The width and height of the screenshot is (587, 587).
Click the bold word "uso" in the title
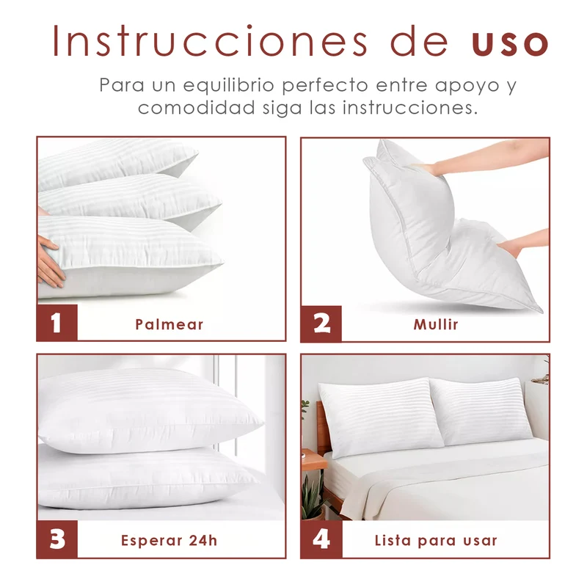(x=509, y=43)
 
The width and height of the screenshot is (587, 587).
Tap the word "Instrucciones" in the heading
(x=210, y=41)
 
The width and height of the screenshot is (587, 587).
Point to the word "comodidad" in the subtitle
(x=197, y=107)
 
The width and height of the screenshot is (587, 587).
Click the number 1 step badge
(x=57, y=323)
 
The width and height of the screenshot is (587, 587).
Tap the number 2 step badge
(x=321, y=324)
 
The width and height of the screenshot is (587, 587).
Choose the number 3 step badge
(x=57, y=539)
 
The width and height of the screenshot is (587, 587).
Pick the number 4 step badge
(x=321, y=539)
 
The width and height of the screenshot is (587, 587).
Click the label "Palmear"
(x=169, y=324)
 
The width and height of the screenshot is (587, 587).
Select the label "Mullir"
(x=436, y=324)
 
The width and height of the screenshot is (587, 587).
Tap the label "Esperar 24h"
(x=169, y=540)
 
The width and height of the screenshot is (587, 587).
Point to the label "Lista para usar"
(x=436, y=540)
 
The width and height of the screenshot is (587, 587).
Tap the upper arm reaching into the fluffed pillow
(x=486, y=156)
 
